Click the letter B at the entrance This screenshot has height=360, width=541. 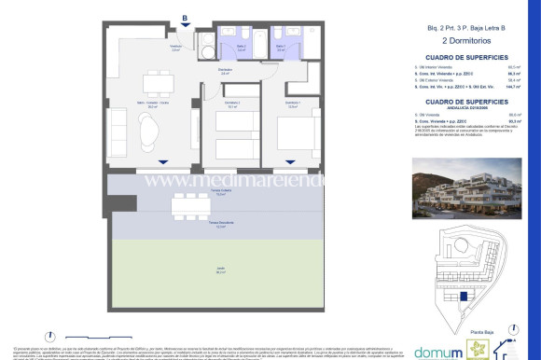tap(186, 17)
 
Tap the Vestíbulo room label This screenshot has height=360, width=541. tap(175, 48)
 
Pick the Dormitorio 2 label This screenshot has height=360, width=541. tap(233, 103)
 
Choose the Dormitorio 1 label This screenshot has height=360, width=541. tap(292, 103)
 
